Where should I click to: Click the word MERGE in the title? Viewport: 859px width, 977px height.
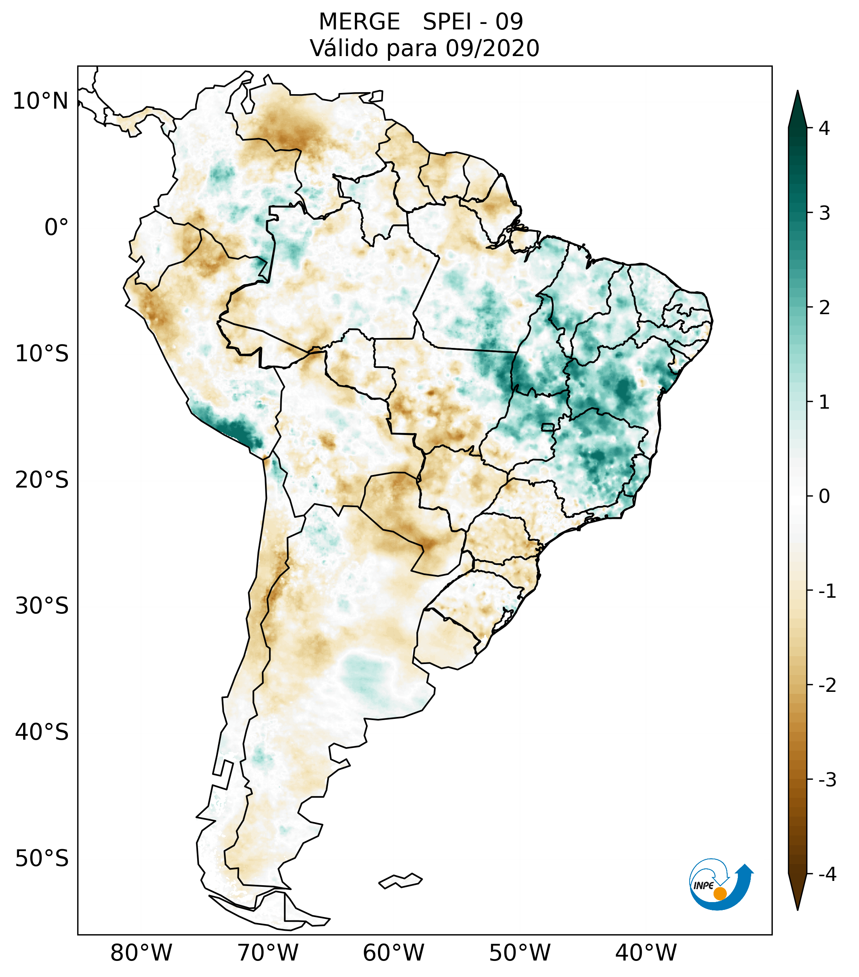tap(359, 22)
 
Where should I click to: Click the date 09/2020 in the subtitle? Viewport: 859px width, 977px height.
tap(492, 48)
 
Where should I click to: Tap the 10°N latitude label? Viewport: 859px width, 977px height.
tap(40, 101)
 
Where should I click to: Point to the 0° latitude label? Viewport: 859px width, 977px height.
tap(56, 227)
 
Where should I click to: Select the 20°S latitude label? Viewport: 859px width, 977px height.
tap(42, 480)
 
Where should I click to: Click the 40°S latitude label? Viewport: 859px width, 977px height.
tap(42, 732)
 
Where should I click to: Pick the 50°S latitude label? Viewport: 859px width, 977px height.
tap(42, 859)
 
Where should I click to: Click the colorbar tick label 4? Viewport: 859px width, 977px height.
tap(824, 128)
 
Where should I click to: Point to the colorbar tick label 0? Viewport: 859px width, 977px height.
tap(824, 497)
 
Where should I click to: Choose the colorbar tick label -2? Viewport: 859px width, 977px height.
tap(827, 686)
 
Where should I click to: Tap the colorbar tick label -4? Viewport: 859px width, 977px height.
tap(827, 874)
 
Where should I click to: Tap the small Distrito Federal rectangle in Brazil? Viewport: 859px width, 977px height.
tap(547, 427)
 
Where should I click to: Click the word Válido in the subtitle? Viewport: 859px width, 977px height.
tap(344, 48)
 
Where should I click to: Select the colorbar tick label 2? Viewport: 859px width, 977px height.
tap(824, 308)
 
